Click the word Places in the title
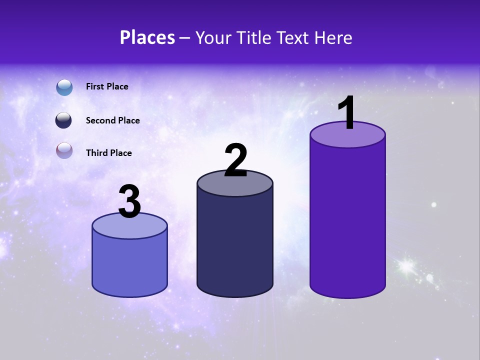tap(147, 37)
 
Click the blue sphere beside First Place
tap(64, 87)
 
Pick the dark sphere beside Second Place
tap(64, 120)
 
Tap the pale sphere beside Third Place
tap(64, 150)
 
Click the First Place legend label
tap(107, 86)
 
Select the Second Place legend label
tap(112, 120)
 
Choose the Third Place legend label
tap(108, 153)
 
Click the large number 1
tap(346, 113)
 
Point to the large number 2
tap(236, 160)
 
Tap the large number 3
tap(130, 202)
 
